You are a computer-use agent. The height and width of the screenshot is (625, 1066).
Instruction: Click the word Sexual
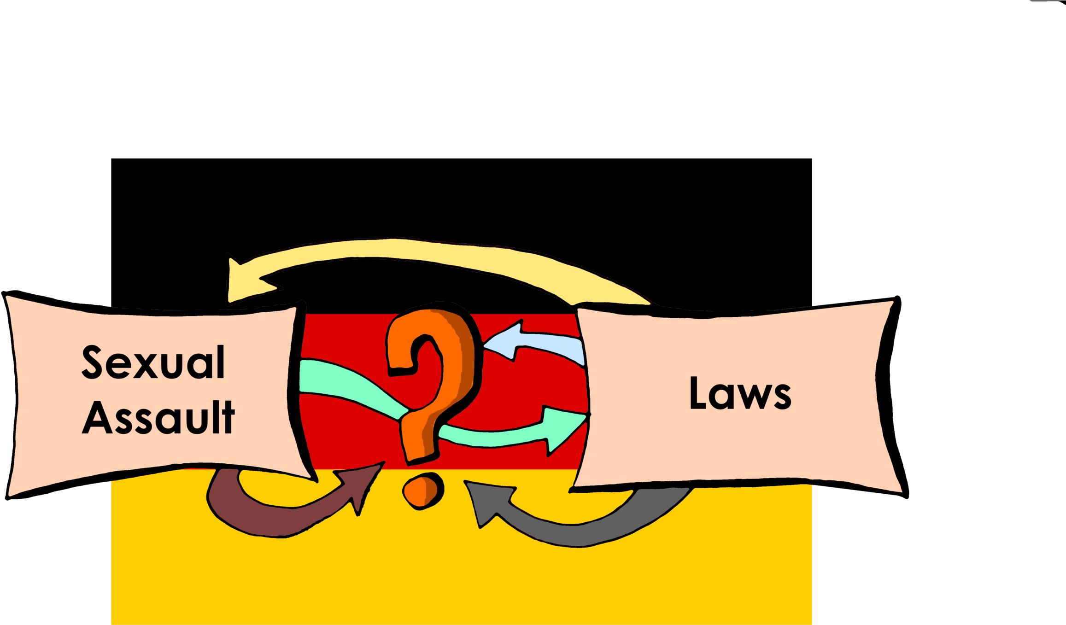point(153,363)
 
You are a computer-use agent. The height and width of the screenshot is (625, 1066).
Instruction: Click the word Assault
point(158,418)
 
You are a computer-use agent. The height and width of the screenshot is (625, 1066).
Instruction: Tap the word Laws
point(740,393)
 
